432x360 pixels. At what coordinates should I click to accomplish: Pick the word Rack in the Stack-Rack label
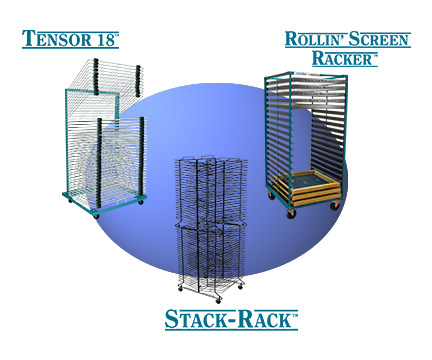pos(264,320)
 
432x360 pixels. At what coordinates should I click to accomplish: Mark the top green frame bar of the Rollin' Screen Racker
pos(300,76)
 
